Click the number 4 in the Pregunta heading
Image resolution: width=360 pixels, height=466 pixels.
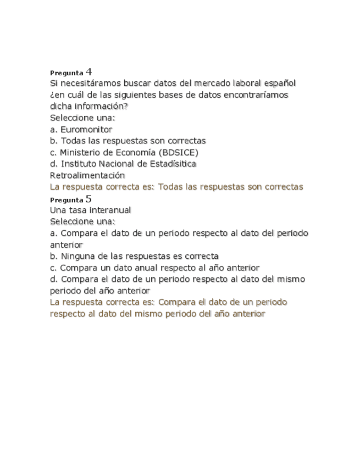(x=89, y=71)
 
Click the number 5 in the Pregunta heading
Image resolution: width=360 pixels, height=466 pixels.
(x=89, y=198)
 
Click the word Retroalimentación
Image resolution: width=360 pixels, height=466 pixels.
(x=87, y=175)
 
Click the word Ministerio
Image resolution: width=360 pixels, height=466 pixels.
(x=81, y=152)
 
